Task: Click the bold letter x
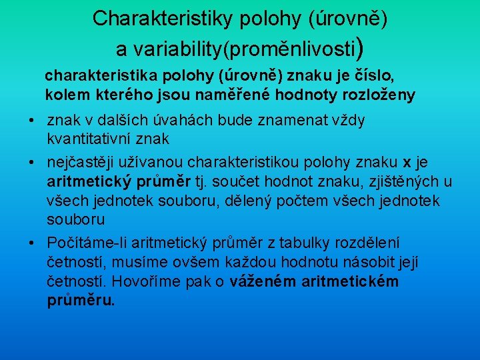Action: pyautogui.click(x=407, y=163)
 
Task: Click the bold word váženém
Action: pyautogui.click(x=262, y=281)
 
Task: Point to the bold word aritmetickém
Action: pyautogui.click(x=349, y=281)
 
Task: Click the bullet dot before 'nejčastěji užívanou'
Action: pyautogui.click(x=32, y=163)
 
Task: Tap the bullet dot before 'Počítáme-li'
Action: pyautogui.click(x=32, y=243)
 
